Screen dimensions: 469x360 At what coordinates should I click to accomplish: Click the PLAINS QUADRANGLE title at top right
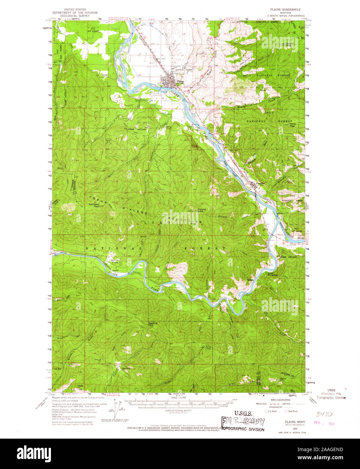285,10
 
